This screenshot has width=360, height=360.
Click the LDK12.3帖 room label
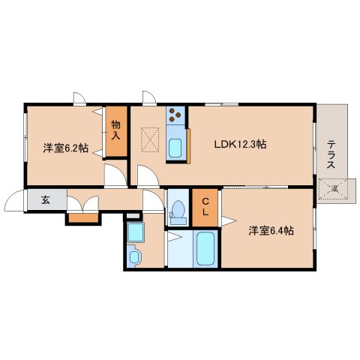[242, 145]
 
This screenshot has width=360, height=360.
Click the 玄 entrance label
[45, 200]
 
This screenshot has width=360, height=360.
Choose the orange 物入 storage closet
[116, 132]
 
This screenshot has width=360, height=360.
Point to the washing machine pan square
[136, 234]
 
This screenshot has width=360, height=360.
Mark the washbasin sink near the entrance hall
[135, 257]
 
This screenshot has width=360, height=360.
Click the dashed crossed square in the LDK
[151, 138]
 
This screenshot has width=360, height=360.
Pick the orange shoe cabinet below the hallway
[83, 219]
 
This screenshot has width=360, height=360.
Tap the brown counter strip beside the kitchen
[190, 144]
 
